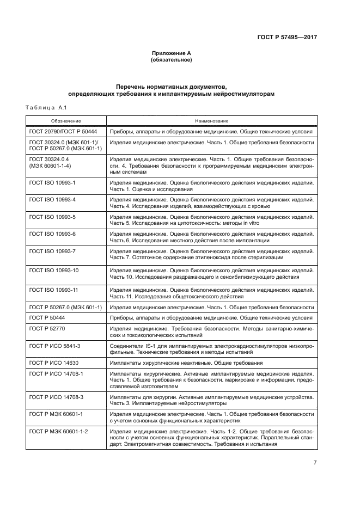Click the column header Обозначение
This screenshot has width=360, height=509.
[x=66, y=120]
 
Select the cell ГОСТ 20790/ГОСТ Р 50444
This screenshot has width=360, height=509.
[x=62, y=132]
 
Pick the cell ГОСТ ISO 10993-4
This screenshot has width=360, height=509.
[x=52, y=199]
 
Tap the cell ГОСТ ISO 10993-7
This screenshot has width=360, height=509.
[x=52, y=250]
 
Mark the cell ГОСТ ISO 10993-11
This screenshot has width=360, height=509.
[x=54, y=290]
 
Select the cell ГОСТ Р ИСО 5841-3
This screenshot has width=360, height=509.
[x=56, y=346]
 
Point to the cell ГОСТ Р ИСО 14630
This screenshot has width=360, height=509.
[x=54, y=363]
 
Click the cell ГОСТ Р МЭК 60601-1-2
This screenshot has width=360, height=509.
[x=59, y=431]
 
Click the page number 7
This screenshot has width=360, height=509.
[x=315, y=463]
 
